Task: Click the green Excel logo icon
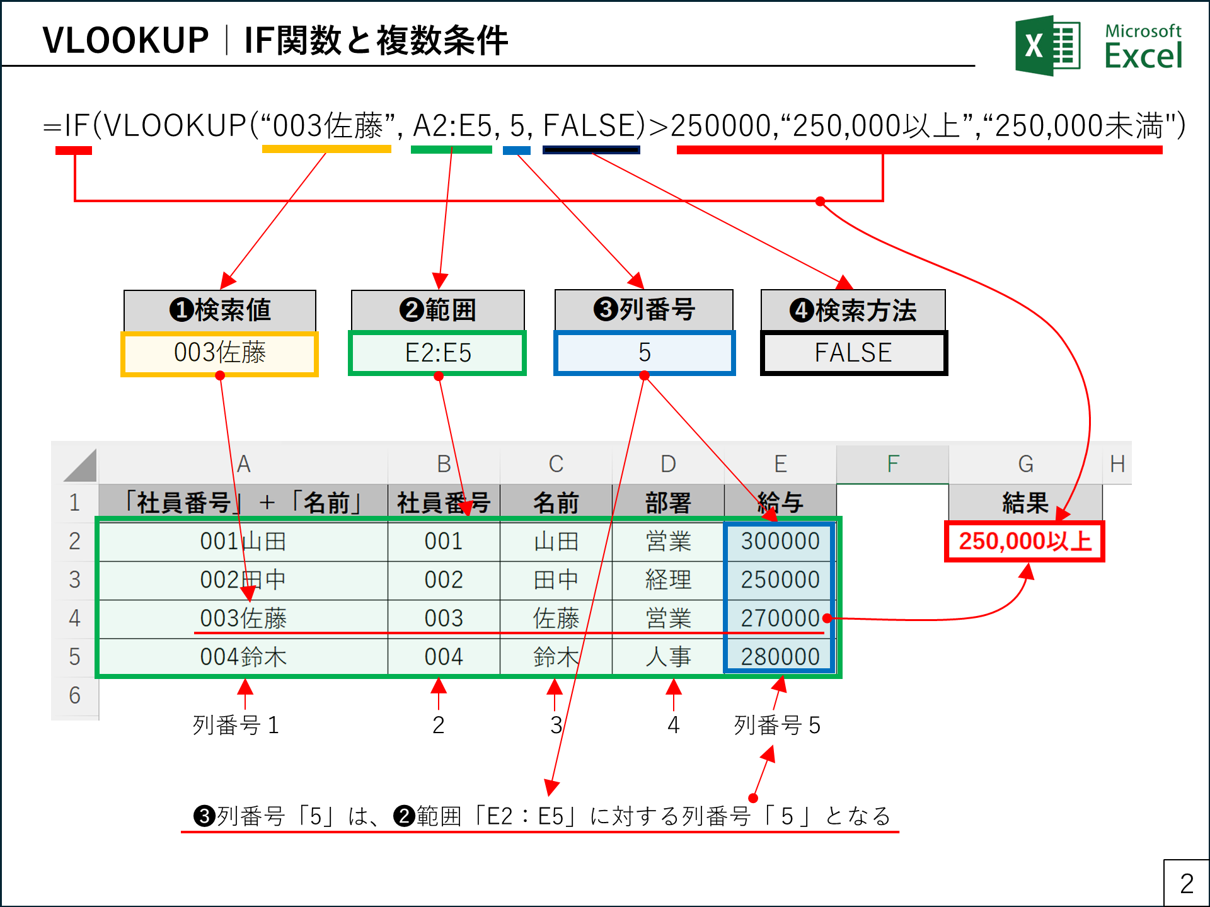pyautogui.click(x=1047, y=45)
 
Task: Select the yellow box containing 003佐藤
pyautogui.click(x=219, y=353)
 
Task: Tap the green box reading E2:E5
pyautogui.click(x=437, y=353)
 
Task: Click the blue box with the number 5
pyautogui.click(x=644, y=353)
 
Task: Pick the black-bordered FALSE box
pyautogui.click(x=853, y=353)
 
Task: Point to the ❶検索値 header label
pyautogui.click(x=219, y=310)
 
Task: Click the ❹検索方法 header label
pyautogui.click(x=853, y=310)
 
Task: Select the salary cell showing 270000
pyautogui.click(x=780, y=619)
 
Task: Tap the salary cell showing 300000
pyautogui.click(x=780, y=541)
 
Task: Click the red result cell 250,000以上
pyautogui.click(x=1025, y=541)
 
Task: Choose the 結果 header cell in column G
pyautogui.click(x=1025, y=503)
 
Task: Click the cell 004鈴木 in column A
pyautogui.click(x=243, y=657)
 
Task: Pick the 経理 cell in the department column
pyautogui.click(x=668, y=579)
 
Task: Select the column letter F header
pyautogui.click(x=892, y=464)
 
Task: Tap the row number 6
pyautogui.click(x=74, y=695)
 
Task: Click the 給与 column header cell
pyautogui.click(x=780, y=503)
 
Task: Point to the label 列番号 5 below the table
pyautogui.click(x=777, y=726)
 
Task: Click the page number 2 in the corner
pyautogui.click(x=1186, y=883)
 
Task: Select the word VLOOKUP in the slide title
pyautogui.click(x=125, y=41)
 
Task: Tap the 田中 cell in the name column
pyautogui.click(x=556, y=579)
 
